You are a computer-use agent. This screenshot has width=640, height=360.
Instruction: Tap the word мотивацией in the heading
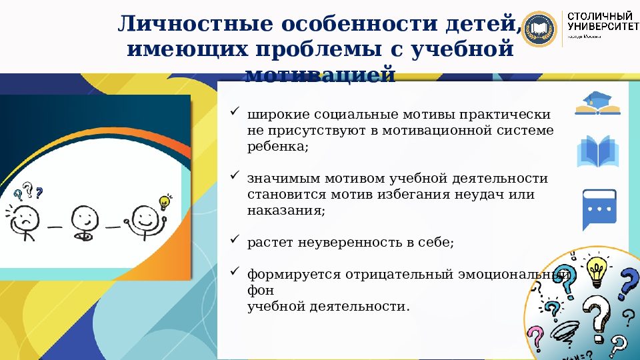click(x=320, y=73)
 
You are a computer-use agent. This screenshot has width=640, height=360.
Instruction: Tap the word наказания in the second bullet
click(x=285, y=211)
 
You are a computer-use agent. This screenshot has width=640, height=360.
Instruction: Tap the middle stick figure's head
click(x=84, y=216)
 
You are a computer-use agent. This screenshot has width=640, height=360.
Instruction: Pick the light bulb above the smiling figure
click(x=164, y=201)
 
